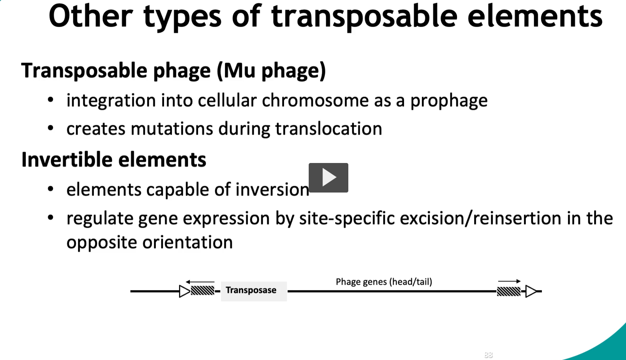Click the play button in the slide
[x=329, y=178]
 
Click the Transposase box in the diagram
[x=254, y=291]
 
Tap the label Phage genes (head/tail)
[x=384, y=282]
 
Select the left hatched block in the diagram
[x=203, y=291]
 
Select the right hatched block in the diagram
[x=509, y=292]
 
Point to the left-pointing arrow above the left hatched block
[x=200, y=282]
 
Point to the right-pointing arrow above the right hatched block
[x=509, y=281]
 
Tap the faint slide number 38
[x=488, y=355]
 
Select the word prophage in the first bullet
[x=449, y=101]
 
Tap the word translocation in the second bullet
[x=329, y=129]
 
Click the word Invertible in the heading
[x=67, y=160]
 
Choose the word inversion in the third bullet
[x=272, y=190]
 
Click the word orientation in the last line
[x=188, y=242]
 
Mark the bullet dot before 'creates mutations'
[x=50, y=128]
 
